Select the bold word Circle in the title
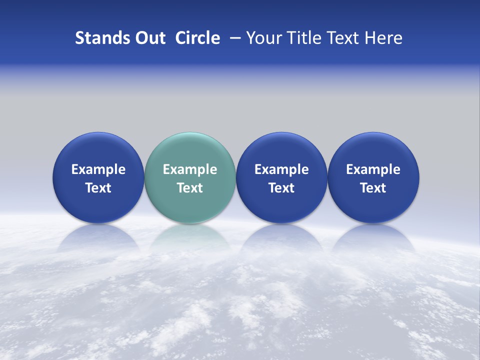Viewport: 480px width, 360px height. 197,38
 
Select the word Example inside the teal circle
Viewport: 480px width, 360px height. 190,169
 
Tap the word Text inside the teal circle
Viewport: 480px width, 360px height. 190,188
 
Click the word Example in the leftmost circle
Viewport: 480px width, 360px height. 98,169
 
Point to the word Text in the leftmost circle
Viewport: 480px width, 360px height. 98,188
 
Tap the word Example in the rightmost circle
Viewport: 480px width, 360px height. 373,169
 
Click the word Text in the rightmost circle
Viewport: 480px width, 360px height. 373,188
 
